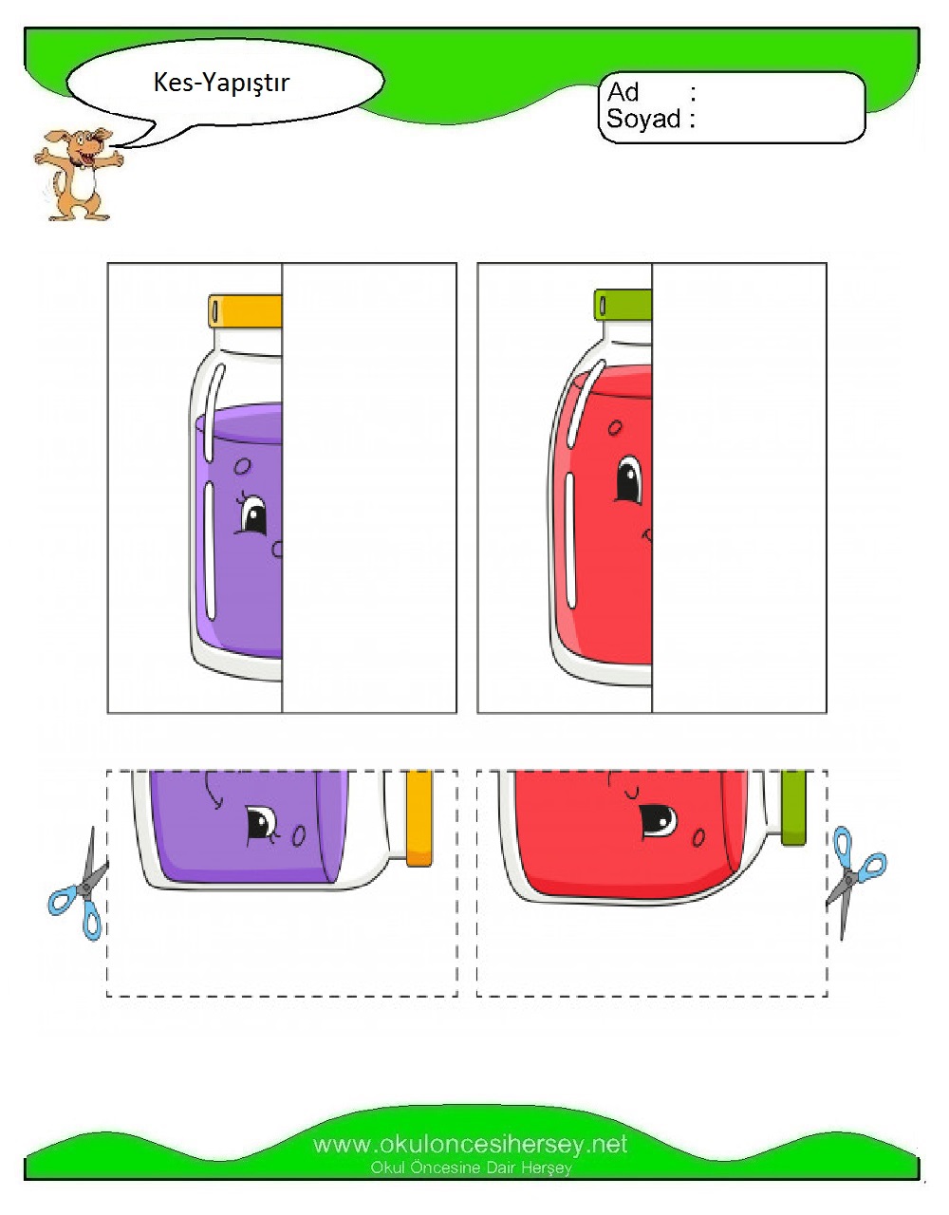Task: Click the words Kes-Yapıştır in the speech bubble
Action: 221,84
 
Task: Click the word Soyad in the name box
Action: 643,119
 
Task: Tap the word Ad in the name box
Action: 623,92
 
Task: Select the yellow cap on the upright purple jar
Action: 246,310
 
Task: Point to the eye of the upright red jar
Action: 629,479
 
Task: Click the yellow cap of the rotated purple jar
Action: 419,818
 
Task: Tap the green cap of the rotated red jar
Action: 793,808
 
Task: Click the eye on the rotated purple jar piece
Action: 262,824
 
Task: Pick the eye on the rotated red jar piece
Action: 659,821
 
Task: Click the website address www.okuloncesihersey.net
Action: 470,1145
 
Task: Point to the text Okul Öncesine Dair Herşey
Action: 471,1168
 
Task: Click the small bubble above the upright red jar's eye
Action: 615,428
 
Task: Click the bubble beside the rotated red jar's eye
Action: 698,837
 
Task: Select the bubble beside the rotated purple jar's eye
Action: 299,836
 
